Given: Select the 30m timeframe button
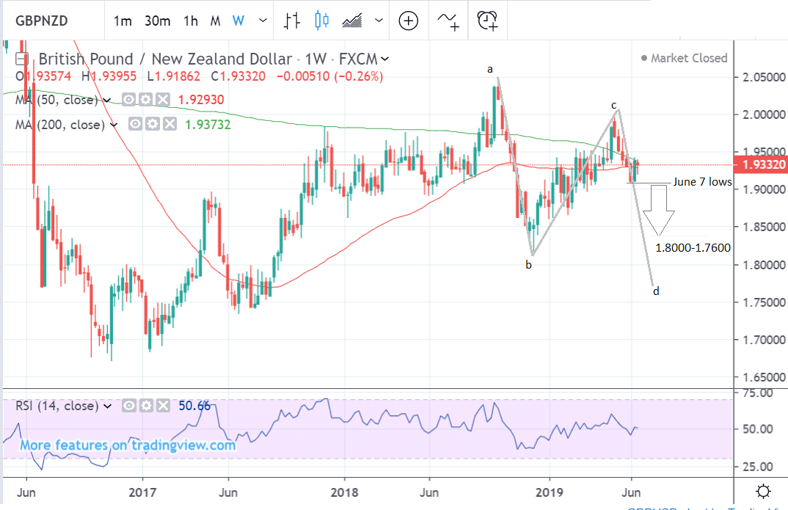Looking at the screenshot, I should tap(158, 21).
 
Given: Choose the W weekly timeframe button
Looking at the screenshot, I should tap(238, 21).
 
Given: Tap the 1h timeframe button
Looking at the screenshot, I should tap(191, 21).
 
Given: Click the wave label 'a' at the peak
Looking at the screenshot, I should tap(490, 69).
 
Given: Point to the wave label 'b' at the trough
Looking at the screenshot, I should tap(528, 265).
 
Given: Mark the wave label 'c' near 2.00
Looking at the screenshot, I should tap(614, 105).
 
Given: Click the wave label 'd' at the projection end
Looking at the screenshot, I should tap(656, 291).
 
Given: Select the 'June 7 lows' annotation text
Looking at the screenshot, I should tap(702, 182).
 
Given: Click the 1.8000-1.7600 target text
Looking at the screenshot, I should tap(693, 248).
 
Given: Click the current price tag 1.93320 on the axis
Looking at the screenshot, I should tap(760, 166).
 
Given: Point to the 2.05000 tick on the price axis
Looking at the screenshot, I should tap(759, 77).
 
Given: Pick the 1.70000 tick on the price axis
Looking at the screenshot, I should tap(759, 340).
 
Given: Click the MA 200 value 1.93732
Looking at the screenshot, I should tap(208, 125).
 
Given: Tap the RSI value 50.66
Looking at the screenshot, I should tap(194, 405).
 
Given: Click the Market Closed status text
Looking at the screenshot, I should tap(689, 58).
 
